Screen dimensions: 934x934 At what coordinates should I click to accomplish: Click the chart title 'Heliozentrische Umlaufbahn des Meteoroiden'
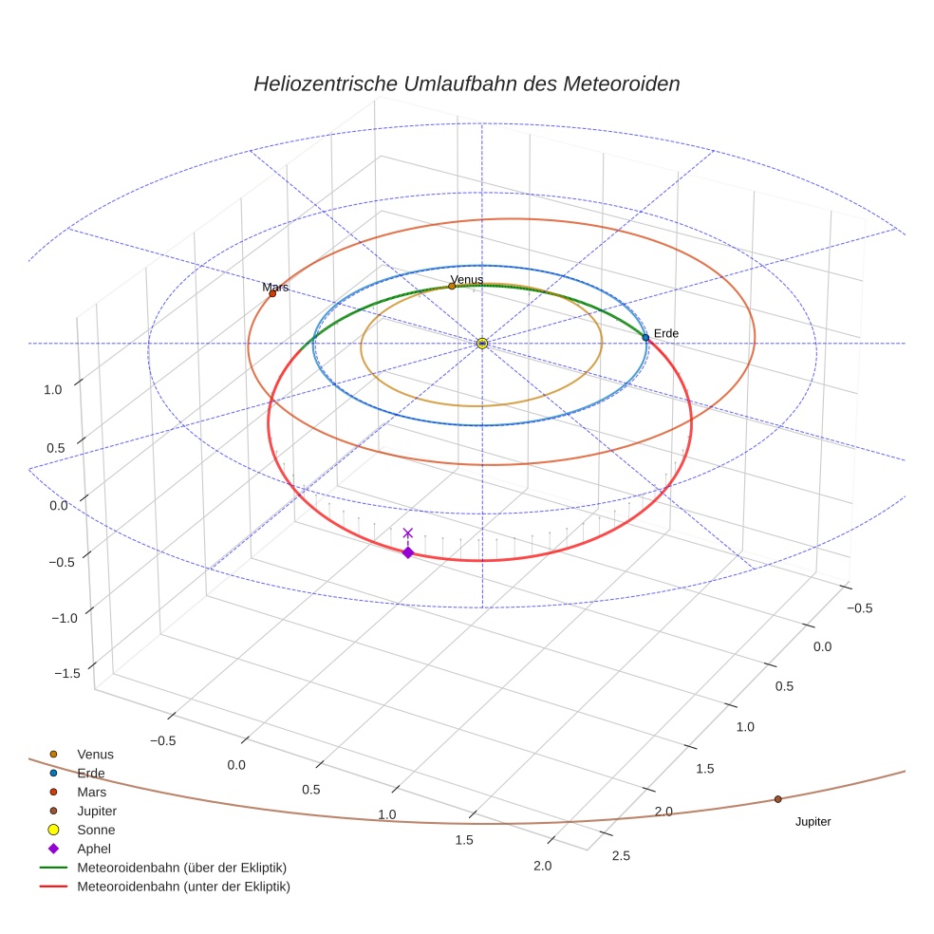[x=466, y=84]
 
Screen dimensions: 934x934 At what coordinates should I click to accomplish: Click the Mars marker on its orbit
[x=272, y=293]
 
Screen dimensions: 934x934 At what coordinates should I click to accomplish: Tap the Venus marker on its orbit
[x=452, y=286]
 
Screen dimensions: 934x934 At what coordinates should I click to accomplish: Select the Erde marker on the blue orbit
[x=645, y=337]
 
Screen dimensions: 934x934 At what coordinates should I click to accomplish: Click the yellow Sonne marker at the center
[x=482, y=343]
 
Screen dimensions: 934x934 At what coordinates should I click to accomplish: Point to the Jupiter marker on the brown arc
[x=777, y=799]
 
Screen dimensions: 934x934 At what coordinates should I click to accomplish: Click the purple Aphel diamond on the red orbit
[x=408, y=552]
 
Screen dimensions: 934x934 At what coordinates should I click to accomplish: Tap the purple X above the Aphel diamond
[x=408, y=533]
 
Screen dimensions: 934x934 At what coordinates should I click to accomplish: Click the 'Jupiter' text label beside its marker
[x=813, y=822]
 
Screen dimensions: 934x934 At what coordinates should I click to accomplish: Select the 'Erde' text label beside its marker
[x=665, y=333]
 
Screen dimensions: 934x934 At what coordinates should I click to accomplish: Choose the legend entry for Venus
[x=95, y=755]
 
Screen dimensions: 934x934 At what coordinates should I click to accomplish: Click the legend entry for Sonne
[x=96, y=830]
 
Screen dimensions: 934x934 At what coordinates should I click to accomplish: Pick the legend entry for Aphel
[x=95, y=849]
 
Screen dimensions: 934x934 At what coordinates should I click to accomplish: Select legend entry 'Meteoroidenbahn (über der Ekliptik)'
[x=181, y=868]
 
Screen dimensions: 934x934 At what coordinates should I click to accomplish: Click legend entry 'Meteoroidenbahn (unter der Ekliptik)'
[x=183, y=887]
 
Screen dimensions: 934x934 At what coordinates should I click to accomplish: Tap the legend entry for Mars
[x=91, y=792]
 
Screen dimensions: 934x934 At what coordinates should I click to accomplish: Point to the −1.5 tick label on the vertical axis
[x=66, y=673]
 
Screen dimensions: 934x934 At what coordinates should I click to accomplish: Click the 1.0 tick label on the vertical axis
[x=53, y=389]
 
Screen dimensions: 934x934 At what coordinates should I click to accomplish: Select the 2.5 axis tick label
[x=621, y=856]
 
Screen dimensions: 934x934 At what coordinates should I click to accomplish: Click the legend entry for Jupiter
[x=97, y=811]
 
